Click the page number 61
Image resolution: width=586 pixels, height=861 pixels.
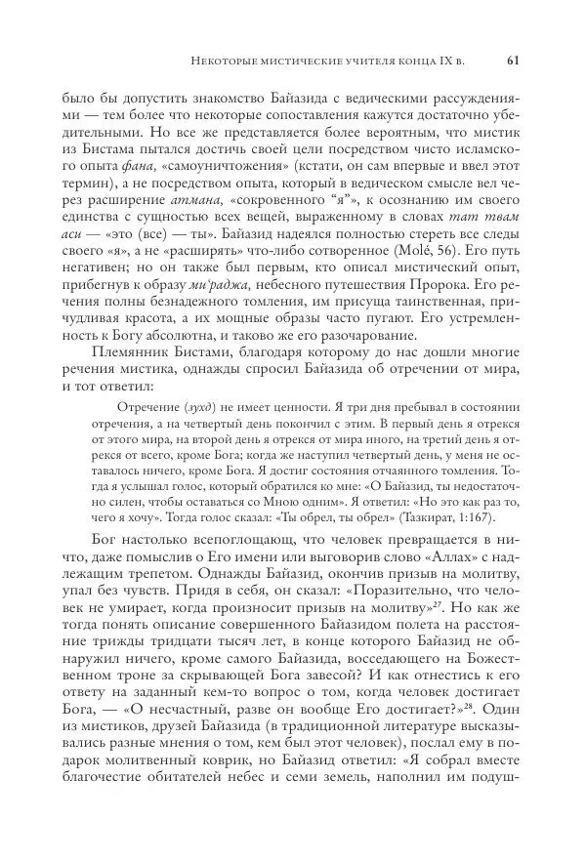pyautogui.click(x=514, y=61)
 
